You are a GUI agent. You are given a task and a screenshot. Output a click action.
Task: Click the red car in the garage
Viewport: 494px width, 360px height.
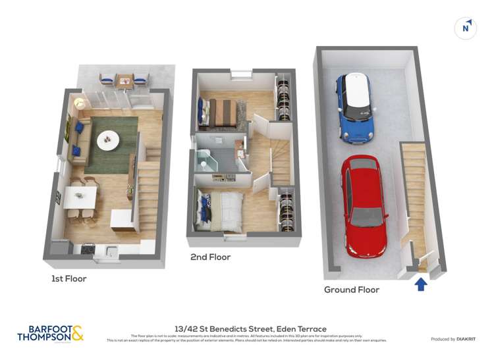point(364,205)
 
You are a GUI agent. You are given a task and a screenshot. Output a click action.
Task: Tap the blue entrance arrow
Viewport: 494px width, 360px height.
point(421,284)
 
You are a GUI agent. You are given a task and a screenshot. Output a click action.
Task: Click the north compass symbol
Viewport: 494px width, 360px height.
point(466,28)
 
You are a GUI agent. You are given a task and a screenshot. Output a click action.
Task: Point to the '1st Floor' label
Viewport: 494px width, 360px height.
point(69,278)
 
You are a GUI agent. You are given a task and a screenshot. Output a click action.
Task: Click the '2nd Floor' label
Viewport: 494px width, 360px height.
point(210,257)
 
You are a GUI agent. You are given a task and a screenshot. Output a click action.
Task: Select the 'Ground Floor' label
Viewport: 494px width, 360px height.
point(351,290)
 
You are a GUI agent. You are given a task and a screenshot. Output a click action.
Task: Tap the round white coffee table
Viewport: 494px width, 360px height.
point(108,140)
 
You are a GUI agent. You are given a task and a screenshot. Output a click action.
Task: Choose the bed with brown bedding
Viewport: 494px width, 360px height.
point(221,111)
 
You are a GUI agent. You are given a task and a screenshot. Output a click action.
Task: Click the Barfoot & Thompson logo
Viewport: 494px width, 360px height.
point(51,333)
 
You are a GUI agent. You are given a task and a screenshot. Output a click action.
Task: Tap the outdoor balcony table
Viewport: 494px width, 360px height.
point(124,81)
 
